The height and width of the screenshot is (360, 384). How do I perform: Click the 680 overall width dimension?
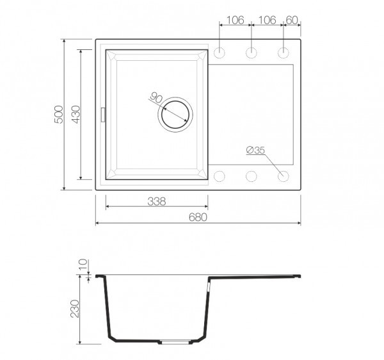click(x=198, y=217)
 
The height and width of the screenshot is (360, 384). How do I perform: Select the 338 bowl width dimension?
click(x=157, y=201)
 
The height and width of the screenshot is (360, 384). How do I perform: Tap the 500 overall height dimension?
click(x=59, y=115)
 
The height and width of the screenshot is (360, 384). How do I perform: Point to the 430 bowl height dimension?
click(x=76, y=115)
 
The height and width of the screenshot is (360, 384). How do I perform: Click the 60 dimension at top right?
click(x=292, y=20)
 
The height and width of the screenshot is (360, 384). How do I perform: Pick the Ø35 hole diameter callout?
click(x=255, y=150)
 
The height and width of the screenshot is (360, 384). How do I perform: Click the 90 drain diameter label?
click(x=156, y=97)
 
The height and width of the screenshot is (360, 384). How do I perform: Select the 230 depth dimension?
click(x=75, y=309)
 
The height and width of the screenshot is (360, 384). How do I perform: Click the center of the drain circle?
click(x=175, y=115)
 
